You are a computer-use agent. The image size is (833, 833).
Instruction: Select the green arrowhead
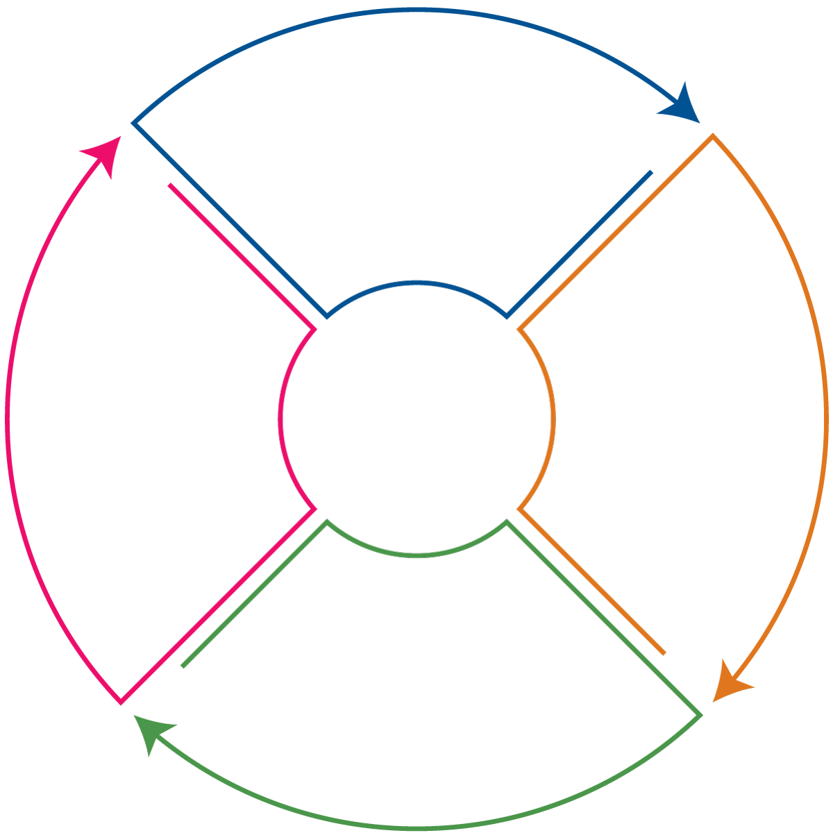point(153,731)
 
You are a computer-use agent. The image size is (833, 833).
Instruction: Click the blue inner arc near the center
point(416,283)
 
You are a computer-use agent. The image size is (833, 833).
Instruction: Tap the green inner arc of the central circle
point(416,555)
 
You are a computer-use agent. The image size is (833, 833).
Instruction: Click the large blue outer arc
point(416,10)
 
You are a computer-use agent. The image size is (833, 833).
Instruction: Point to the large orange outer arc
point(825,416)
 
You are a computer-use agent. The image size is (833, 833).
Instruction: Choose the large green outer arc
point(416,827)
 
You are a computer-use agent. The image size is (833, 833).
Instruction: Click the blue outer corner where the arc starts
point(133,123)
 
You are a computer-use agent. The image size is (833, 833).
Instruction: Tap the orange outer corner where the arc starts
point(712,135)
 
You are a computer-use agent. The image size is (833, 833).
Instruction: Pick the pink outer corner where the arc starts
point(121,702)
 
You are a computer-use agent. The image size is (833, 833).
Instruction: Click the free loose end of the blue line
point(651,171)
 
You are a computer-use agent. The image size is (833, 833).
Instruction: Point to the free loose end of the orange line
point(664,653)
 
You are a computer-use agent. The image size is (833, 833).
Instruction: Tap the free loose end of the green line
point(183,666)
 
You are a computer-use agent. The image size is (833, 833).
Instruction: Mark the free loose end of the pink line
point(170,185)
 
